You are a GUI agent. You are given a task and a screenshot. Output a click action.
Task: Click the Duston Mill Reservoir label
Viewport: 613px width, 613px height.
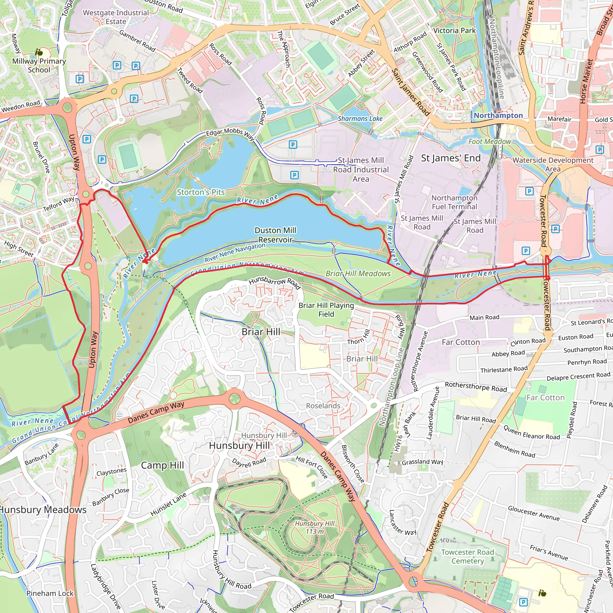click(x=275, y=235)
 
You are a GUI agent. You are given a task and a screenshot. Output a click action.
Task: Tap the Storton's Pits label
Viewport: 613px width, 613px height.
click(x=201, y=192)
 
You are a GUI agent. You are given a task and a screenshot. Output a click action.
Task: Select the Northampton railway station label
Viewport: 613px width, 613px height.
click(x=498, y=116)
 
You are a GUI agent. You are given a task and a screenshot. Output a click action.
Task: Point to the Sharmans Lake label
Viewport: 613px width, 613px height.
click(x=360, y=119)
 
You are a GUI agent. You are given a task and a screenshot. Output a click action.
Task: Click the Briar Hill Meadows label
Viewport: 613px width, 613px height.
click(x=358, y=274)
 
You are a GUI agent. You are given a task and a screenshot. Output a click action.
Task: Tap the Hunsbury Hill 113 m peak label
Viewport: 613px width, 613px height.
click(x=315, y=527)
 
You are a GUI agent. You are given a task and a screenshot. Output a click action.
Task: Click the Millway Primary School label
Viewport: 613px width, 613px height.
click(x=39, y=65)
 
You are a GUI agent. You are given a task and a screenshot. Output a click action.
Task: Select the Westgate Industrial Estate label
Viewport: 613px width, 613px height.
click(x=116, y=17)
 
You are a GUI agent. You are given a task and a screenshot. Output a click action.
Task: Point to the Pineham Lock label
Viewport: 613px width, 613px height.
click(x=50, y=593)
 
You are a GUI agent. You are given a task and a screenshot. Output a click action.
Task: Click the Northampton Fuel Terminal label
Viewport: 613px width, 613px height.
click(x=454, y=202)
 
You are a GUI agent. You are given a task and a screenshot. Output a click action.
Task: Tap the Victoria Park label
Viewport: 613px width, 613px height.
click(x=454, y=31)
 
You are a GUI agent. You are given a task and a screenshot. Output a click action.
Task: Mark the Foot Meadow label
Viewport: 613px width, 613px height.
click(x=490, y=142)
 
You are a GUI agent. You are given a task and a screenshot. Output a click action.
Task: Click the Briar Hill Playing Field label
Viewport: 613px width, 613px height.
click(x=326, y=310)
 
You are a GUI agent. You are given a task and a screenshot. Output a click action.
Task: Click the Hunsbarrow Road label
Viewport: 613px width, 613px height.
click(x=274, y=282)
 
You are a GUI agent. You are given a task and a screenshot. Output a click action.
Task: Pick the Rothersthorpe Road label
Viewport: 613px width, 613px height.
click(x=476, y=387)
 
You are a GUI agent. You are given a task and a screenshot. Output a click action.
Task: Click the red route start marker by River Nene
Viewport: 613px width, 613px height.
click(x=145, y=261)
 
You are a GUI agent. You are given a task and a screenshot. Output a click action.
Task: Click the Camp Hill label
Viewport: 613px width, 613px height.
click(x=162, y=465)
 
